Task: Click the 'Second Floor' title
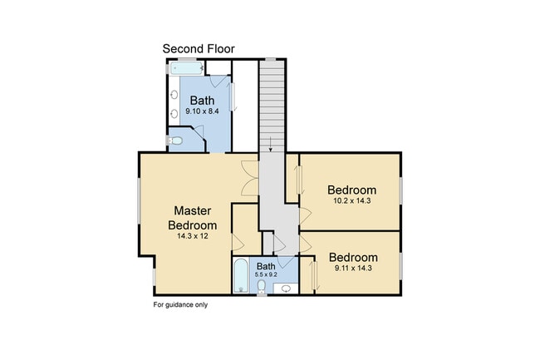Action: [x=198, y=49]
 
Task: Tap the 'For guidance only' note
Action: [x=180, y=304]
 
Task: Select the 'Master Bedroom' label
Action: [x=193, y=217]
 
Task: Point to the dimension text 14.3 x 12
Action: [x=192, y=236]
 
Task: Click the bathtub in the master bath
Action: [x=188, y=69]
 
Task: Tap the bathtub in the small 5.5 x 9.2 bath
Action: [x=240, y=276]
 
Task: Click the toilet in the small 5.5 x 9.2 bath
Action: [x=261, y=288]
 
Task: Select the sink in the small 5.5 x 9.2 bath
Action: [x=287, y=288]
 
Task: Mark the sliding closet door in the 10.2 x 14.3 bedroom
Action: [x=297, y=182]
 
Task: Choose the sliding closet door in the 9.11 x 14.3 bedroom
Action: [x=312, y=275]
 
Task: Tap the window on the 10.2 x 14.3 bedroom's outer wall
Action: [x=400, y=190]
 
